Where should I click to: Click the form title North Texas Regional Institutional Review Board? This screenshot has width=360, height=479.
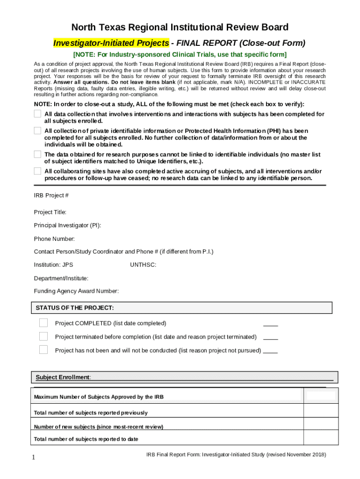(180, 27)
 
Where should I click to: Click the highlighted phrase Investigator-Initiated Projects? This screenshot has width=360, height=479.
(111, 43)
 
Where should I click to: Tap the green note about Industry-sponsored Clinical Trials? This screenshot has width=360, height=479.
(180, 55)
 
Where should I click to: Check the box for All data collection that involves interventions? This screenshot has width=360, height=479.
(37, 114)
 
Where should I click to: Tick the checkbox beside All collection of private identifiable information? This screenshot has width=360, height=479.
(37, 131)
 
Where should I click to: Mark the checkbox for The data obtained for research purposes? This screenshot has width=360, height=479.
(37, 154)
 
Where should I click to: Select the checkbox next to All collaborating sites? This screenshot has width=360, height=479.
(37, 171)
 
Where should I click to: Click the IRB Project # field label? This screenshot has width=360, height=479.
(51, 195)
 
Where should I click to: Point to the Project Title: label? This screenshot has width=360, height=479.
(50, 212)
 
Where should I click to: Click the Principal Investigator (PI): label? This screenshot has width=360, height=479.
(67, 225)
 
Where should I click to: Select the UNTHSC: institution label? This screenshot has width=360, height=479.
(143, 265)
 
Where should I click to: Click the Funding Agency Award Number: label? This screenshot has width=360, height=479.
(76, 291)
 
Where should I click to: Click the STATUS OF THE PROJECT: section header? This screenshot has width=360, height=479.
(75, 308)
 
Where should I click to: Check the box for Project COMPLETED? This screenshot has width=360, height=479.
(43, 323)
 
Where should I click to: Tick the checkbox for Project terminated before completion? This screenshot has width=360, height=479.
(43, 336)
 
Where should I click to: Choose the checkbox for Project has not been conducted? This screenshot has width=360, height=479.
(43, 350)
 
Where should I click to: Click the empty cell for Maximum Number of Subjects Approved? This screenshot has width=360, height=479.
(321, 396)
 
